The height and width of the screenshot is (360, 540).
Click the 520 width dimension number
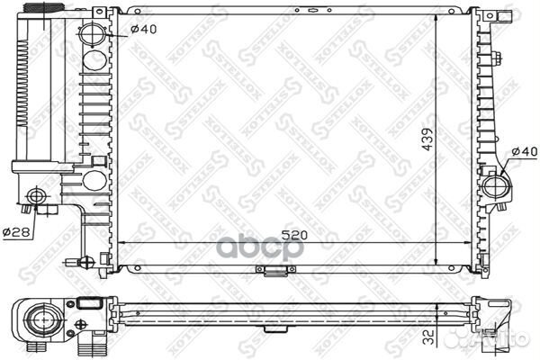click(x=289, y=235)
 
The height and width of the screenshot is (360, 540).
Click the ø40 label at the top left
click(x=142, y=27)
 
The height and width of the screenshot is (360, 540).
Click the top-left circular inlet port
click(x=94, y=38)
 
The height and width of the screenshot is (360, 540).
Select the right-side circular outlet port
click(x=495, y=186)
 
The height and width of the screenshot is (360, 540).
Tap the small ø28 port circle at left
click(x=36, y=196)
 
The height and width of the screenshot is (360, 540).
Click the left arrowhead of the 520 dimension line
click(x=122, y=243)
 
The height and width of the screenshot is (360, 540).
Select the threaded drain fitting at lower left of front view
click(x=86, y=264)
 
